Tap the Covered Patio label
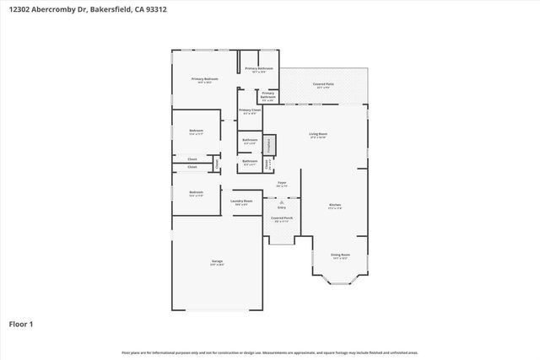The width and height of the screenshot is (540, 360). (x=321, y=84)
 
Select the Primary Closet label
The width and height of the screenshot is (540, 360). (x=249, y=110)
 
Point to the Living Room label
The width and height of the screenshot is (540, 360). (x=318, y=134)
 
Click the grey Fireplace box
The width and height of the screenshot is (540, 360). (x=269, y=145)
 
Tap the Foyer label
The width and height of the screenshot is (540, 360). (x=282, y=182)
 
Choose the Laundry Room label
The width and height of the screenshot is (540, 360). (x=242, y=201)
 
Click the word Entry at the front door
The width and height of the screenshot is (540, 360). (x=282, y=207)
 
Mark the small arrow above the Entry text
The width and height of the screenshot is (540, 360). (x=282, y=201)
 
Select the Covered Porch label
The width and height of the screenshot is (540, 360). (x=282, y=218)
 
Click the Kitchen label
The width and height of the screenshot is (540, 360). (x=335, y=205)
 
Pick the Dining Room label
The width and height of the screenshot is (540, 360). (x=340, y=254)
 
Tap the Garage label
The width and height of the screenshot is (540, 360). (x=217, y=262)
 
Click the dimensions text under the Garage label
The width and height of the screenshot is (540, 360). (x=217, y=266)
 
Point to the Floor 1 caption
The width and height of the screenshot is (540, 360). (x=21, y=323)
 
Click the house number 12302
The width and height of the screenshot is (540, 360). (x=16, y=9)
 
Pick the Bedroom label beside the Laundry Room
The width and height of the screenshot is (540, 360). (x=196, y=192)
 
